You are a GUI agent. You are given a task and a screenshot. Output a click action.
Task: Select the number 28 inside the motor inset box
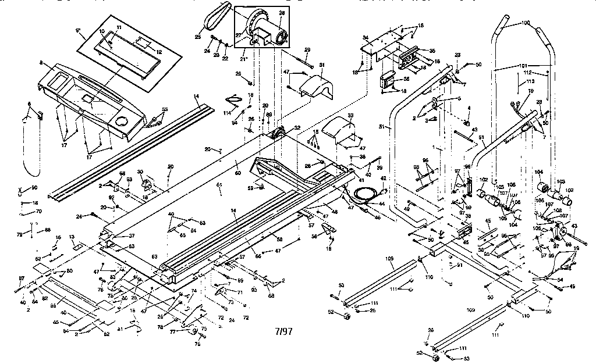coord(282,13)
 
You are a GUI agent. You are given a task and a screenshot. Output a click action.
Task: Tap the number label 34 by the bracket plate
coord(366,38)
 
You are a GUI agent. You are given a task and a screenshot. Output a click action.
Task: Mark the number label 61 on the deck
coord(219,185)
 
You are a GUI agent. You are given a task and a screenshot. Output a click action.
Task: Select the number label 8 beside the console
coord(41,62)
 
